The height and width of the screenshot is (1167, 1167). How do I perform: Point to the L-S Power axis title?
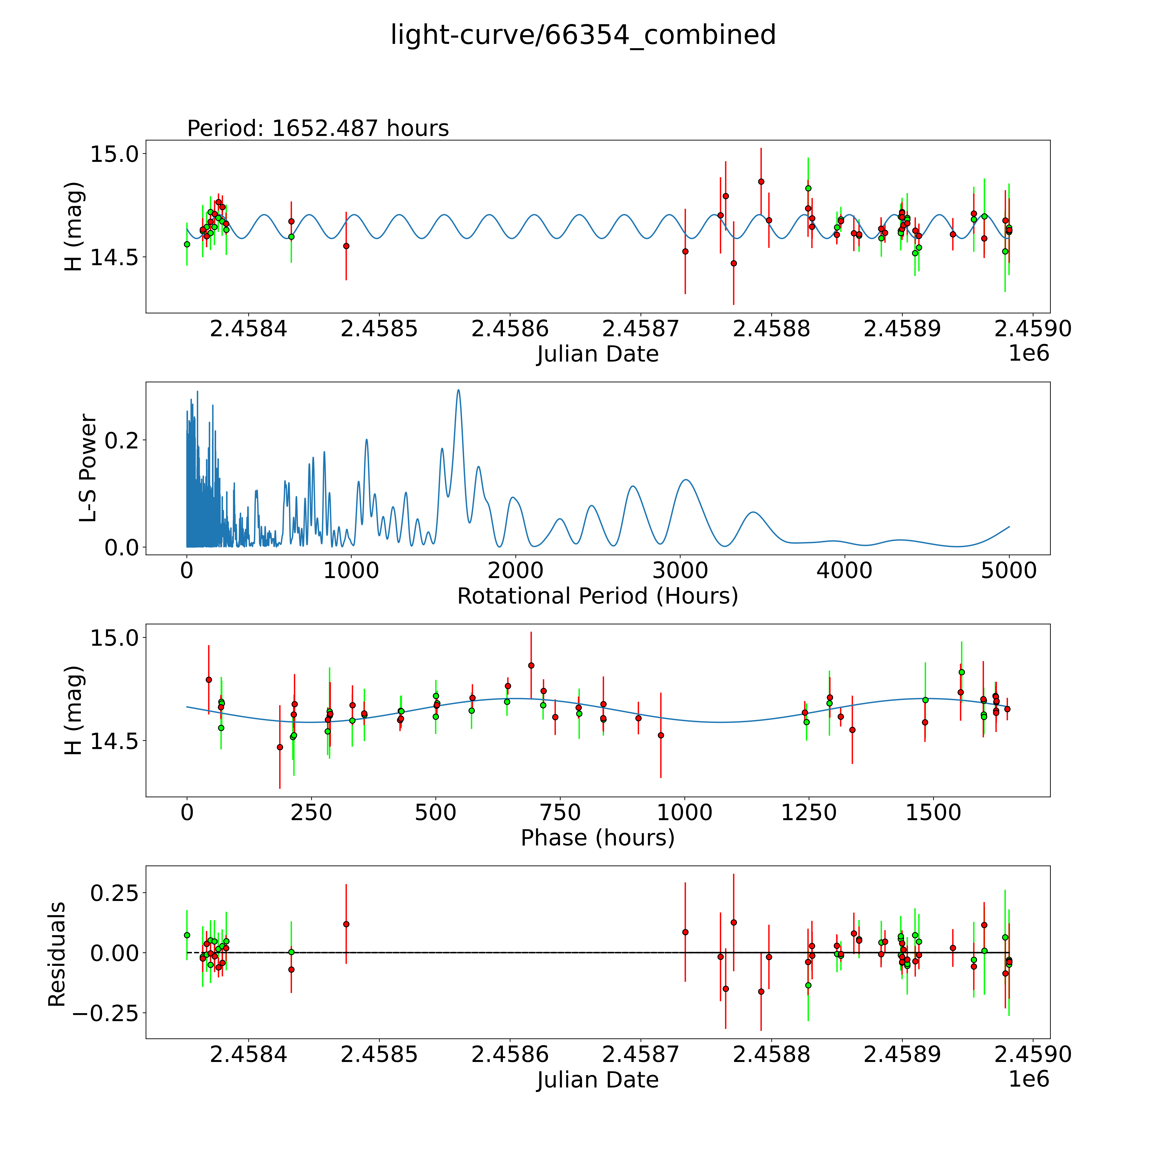[88, 468]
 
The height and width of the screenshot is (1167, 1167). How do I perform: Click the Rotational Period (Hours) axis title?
[597, 596]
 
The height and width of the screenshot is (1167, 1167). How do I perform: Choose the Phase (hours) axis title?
[597, 838]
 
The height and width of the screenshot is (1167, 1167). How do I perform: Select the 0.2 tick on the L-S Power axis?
[121, 440]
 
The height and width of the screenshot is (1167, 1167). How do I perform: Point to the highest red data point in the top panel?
[761, 181]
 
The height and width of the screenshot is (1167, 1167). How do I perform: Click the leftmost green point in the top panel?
[187, 244]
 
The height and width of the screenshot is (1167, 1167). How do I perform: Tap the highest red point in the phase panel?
[531, 665]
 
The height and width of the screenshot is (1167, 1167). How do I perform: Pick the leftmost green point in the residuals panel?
[187, 935]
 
